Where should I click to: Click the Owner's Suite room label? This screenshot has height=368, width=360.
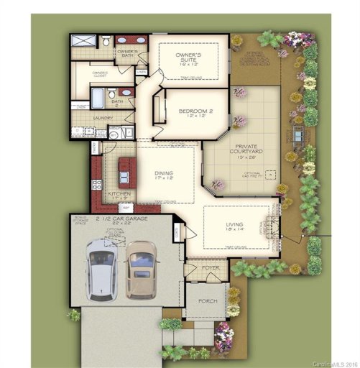click(x=188, y=57)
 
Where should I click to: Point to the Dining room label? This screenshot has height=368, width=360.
click(x=164, y=174)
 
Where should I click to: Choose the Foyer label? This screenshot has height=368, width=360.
click(x=211, y=267)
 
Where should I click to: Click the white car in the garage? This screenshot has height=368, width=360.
click(x=101, y=270)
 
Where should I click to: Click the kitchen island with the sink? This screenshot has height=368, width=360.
click(x=127, y=172)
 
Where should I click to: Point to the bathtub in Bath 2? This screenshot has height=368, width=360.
click(x=98, y=97)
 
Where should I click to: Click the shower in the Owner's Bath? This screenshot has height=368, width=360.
click(x=83, y=41)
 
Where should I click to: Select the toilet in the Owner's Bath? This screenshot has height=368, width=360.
click(x=106, y=41)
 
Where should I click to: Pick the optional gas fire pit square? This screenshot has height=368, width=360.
click(x=270, y=173)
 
